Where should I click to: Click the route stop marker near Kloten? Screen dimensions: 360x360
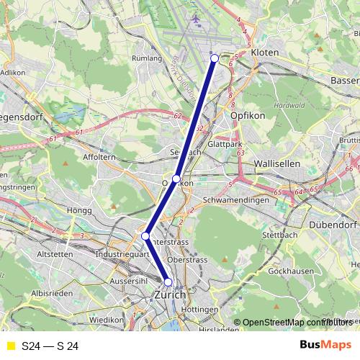[x=215, y=58]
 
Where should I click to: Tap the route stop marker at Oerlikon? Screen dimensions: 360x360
[x=176, y=179]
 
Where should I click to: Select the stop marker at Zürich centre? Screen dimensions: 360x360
[x=168, y=282]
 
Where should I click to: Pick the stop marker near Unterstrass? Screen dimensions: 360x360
[x=145, y=236]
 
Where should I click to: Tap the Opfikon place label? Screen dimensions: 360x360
[x=248, y=115]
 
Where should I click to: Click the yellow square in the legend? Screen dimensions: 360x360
[x=10, y=346]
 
